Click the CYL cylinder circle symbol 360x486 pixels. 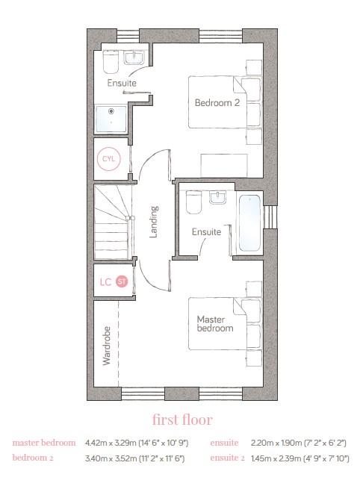click(x=108, y=159)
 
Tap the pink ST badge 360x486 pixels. click(x=122, y=281)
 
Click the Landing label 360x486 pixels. click(x=154, y=222)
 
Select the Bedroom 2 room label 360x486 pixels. click(x=217, y=102)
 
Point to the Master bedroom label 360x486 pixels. click(x=215, y=324)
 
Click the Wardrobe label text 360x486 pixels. click(x=106, y=346)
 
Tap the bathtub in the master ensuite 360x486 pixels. click(x=249, y=222)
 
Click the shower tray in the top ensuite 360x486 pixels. click(x=111, y=119)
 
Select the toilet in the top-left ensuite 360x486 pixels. click(x=111, y=62)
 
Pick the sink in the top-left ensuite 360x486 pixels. click(x=134, y=58)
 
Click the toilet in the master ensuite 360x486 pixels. click(x=193, y=202)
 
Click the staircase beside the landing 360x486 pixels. click(x=114, y=222)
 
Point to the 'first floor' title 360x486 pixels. click(x=182, y=420)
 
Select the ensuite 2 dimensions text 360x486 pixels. click(x=300, y=458)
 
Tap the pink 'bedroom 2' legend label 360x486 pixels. click(x=33, y=458)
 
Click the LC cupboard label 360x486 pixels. click(x=105, y=282)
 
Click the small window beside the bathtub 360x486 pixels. click(x=270, y=216)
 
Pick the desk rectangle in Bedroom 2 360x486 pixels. click(x=224, y=166)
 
